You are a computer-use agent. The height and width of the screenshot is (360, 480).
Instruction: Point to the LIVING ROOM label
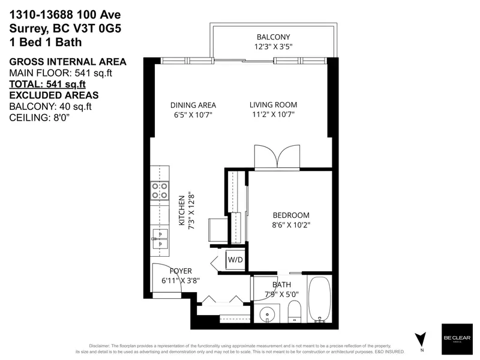click(x=273, y=105)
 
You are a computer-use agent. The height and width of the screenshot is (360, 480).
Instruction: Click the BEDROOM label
click(x=291, y=215)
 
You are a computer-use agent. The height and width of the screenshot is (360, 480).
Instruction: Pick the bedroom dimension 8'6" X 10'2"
click(x=291, y=226)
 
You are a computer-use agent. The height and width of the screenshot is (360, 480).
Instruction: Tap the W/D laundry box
click(x=234, y=260)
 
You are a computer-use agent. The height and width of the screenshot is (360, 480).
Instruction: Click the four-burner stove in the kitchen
click(x=160, y=191)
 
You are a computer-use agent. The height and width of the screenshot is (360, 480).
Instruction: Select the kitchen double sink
click(x=160, y=238)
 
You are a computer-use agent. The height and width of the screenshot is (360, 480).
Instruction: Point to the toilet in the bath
click(x=294, y=311)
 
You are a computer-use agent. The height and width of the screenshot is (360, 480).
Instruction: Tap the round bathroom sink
click(x=268, y=313)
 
